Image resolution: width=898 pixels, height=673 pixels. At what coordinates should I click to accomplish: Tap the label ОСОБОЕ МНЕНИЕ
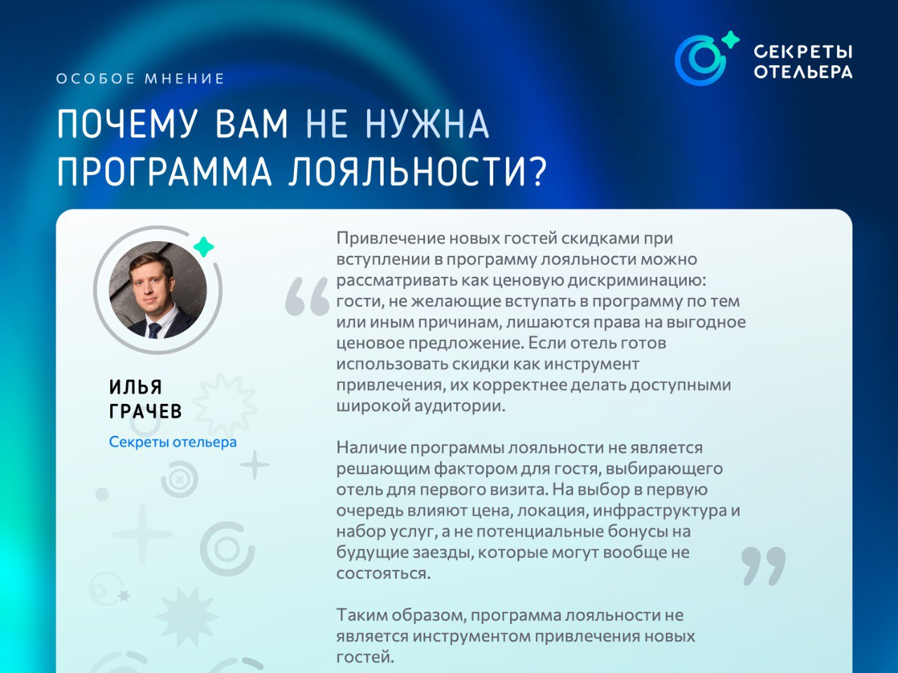140,79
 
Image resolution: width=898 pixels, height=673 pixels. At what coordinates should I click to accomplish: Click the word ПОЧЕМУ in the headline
127,124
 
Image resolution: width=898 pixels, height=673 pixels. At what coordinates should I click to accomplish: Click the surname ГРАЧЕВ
145,411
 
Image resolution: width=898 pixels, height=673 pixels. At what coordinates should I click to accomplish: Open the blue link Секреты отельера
173,442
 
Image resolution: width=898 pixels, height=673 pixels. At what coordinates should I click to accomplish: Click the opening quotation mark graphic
307,297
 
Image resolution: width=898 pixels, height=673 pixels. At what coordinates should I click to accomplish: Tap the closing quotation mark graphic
763,566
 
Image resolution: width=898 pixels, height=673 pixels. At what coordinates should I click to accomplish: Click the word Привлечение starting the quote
390,238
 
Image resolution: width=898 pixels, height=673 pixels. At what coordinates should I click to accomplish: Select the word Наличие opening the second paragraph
370,448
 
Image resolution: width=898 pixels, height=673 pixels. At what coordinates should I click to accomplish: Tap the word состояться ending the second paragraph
383,573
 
